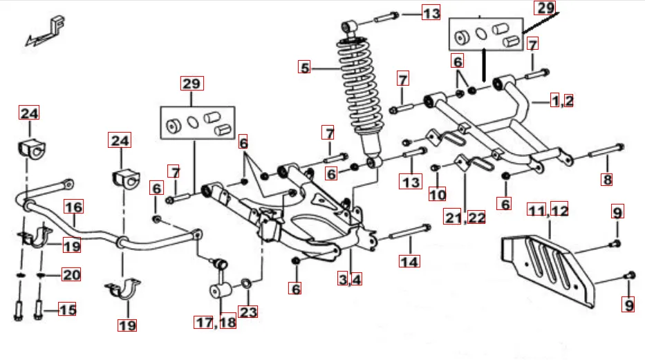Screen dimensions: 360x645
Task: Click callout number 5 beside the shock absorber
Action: coord(304,68)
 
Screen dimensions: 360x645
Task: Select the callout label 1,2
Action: coord(561,101)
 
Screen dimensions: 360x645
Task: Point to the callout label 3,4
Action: coord(350,279)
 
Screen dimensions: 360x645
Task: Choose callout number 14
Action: coord(409,261)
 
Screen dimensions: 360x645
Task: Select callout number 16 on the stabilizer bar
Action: coord(74,207)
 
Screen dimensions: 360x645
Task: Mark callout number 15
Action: coord(67,310)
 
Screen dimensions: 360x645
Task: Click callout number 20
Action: coord(71,274)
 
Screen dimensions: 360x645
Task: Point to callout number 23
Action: coord(248,312)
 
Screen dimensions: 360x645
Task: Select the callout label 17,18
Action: coord(215,321)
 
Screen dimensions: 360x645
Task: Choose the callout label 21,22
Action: coord(465,218)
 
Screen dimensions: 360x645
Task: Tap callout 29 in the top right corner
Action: coord(545,8)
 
